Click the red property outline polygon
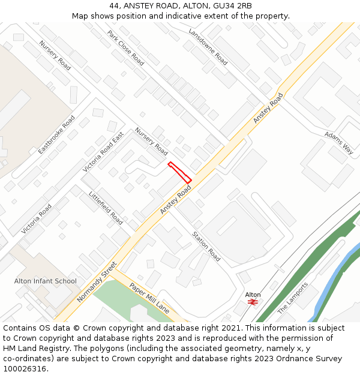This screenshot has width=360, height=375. coord(179,172)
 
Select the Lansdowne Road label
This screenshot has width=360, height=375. coord(208,47)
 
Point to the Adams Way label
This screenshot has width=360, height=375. coord(338,143)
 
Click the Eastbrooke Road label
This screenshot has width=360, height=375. coord(57,134)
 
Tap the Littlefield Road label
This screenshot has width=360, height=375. coord(106,208)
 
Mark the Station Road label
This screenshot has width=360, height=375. coord(206,246)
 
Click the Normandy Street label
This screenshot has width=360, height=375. coord(97,281)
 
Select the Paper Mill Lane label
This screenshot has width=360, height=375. coord(149,298)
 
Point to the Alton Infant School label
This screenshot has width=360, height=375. coord(46,281)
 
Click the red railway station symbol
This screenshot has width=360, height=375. coord(253,302)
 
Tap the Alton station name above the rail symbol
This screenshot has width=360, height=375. coord(253,295)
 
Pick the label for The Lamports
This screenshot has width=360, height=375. coord(292,298)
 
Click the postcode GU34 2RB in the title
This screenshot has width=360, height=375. coord(236,6)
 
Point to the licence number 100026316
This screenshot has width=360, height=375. coord(25,368)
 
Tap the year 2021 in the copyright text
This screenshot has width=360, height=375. coord(229,328)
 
